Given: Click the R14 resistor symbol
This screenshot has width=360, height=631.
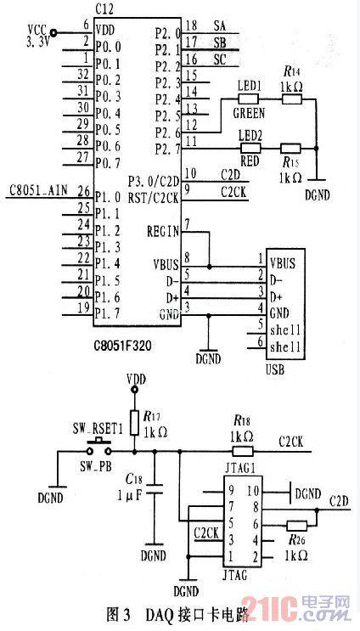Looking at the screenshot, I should pos(291,99).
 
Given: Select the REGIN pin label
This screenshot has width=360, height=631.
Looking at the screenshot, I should pos(163,229).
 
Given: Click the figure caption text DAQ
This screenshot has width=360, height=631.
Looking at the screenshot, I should pos(158,614).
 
